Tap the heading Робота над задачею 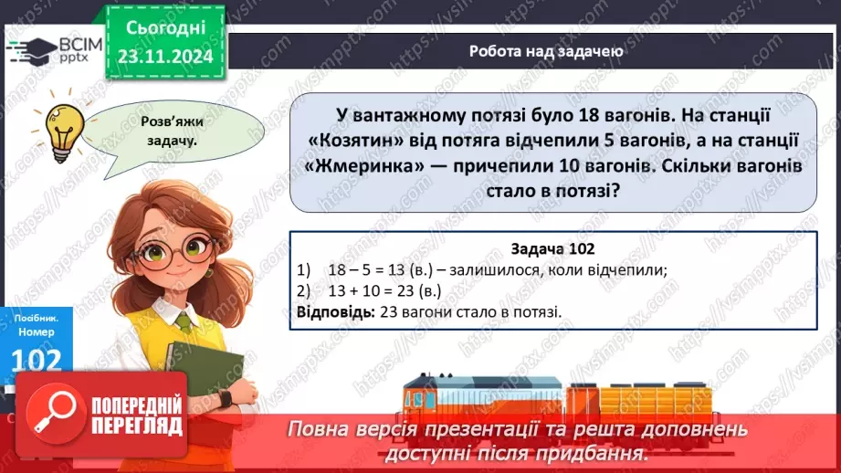pyautogui.click(x=546, y=51)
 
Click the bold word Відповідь pyautogui.click(x=331, y=311)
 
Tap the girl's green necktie pyautogui.click(x=184, y=321)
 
